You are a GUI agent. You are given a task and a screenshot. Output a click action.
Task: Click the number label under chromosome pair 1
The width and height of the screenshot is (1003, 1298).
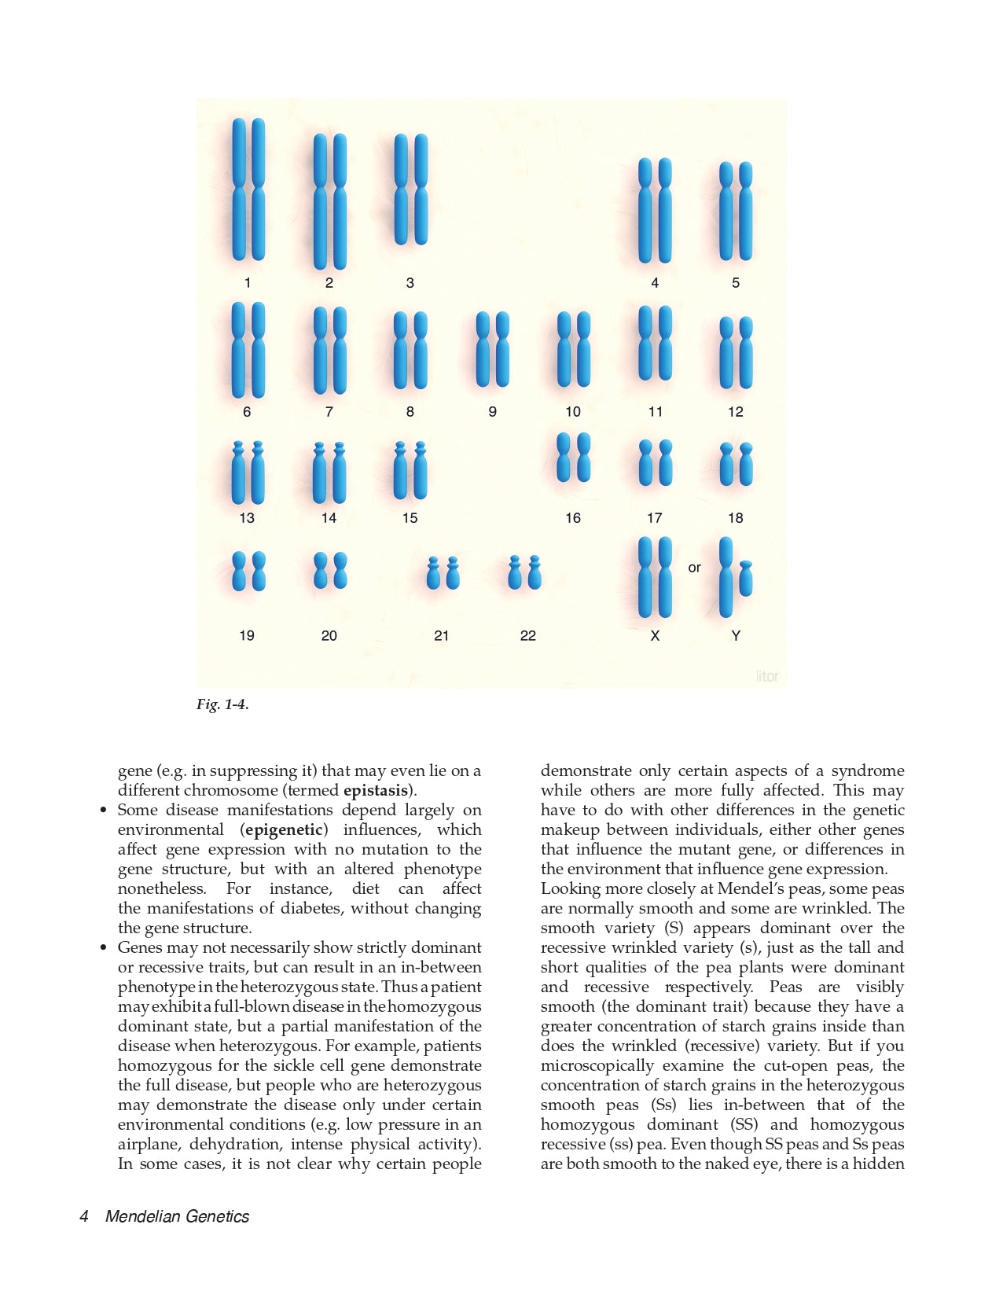(x=248, y=283)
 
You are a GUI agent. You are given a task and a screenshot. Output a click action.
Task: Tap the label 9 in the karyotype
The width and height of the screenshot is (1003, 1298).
(x=492, y=412)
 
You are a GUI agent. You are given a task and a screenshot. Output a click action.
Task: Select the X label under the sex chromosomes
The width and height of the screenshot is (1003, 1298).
(x=655, y=636)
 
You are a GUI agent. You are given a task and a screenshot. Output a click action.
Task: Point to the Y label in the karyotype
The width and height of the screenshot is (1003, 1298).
(x=736, y=636)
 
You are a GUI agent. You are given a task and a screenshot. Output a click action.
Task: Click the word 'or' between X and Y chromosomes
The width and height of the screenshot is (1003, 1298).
(x=694, y=568)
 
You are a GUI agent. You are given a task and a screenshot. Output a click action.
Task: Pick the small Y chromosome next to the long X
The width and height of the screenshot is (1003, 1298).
(x=746, y=579)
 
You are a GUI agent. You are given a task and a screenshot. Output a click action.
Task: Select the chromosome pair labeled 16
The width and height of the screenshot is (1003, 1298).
(x=573, y=458)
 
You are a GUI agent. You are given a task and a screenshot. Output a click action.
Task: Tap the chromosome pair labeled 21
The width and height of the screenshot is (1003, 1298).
(x=443, y=573)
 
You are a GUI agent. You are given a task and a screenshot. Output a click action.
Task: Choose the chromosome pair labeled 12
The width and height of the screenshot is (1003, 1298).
(x=736, y=353)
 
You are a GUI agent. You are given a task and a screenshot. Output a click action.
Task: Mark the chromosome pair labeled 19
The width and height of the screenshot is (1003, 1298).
(x=248, y=571)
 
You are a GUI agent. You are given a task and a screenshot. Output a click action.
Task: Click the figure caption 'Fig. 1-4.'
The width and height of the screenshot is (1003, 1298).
(x=222, y=704)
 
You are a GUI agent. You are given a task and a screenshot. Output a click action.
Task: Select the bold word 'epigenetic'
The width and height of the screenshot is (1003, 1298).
(x=285, y=830)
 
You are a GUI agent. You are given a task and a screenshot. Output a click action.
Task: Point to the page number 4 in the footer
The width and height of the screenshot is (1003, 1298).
(x=84, y=1217)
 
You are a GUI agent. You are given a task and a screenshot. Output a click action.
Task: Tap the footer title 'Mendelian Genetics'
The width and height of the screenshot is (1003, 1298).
(x=177, y=1217)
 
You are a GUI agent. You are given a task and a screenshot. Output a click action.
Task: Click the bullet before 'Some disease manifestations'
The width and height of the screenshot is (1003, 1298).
(x=103, y=811)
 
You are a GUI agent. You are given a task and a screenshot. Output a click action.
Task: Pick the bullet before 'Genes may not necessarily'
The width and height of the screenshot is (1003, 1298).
(x=103, y=948)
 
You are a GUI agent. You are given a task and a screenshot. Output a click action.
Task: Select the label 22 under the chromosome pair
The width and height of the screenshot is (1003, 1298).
(x=528, y=636)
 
